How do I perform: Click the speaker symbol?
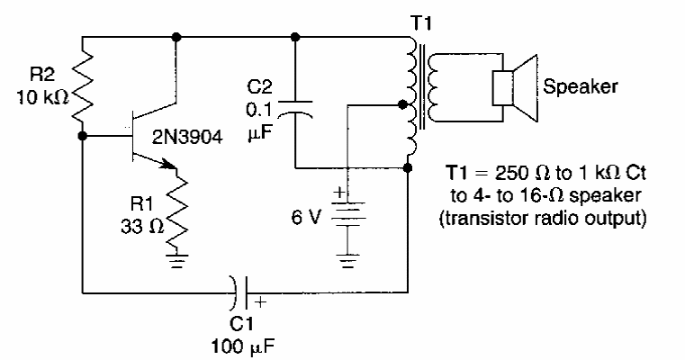click(514, 89)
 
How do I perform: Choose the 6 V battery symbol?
click(347, 212)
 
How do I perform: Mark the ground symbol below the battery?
click(347, 264)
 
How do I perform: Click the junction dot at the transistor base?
click(83, 137)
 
